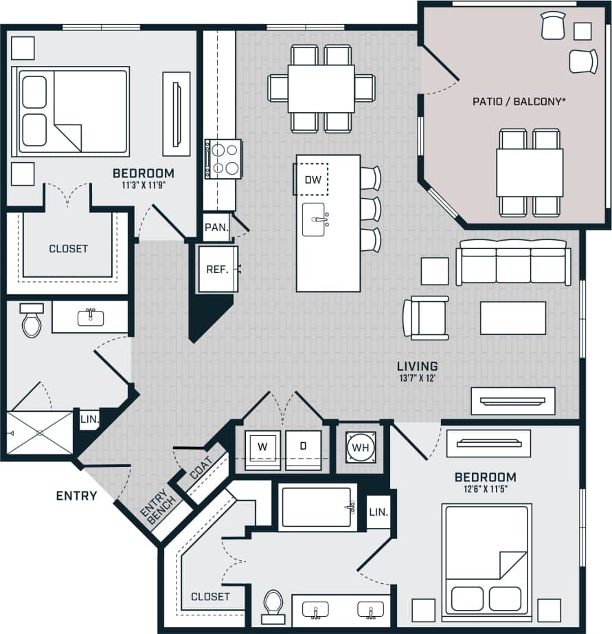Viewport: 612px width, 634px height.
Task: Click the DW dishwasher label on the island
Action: pos(313,180)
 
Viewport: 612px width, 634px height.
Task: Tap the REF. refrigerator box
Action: pos(217,269)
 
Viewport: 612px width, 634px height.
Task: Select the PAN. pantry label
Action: pos(216,228)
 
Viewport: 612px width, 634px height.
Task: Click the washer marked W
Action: pos(262,446)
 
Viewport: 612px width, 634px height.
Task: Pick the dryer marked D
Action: pos(303,446)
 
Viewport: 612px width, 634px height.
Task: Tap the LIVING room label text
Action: pos(417,367)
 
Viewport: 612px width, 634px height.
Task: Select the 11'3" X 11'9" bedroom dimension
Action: pos(143,185)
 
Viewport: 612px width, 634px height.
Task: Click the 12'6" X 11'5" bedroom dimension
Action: pos(485,490)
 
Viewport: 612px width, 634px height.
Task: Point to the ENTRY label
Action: pos(76,495)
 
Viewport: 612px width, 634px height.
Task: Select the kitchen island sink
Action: pos(314,219)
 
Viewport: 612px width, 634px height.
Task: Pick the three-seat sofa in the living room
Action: pos(513,263)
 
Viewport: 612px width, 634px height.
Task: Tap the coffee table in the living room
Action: pos(512,318)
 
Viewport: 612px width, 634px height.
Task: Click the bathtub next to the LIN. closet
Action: pos(317,507)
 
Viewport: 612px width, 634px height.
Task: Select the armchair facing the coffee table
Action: pos(426,318)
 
